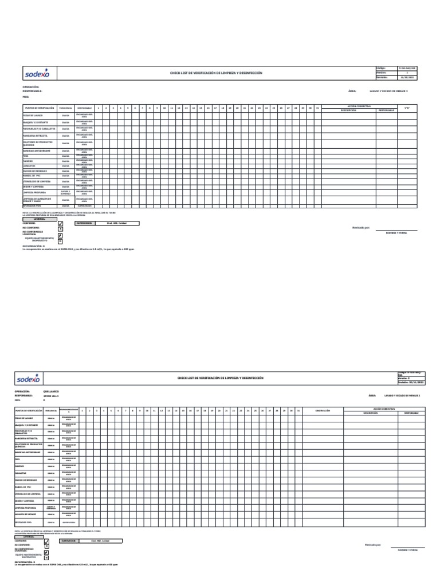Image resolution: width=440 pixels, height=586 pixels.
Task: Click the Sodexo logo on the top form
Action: [x=37, y=73]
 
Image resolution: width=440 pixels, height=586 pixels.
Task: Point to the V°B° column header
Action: [x=407, y=109]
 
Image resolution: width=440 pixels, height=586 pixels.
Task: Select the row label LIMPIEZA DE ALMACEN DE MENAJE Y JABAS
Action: [x=36, y=200]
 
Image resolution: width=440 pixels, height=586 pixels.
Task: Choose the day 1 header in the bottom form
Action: [x=82, y=411]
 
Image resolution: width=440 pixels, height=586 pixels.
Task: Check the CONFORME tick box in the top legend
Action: [x=60, y=224]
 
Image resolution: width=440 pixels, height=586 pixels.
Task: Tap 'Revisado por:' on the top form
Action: [x=360, y=228]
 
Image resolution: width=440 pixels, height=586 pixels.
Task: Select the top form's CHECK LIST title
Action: [x=216, y=73]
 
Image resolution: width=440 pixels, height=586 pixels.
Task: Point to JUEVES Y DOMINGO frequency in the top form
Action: [x=65, y=193]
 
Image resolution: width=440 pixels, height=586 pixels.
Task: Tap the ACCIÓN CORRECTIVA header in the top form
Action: [x=360, y=106]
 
